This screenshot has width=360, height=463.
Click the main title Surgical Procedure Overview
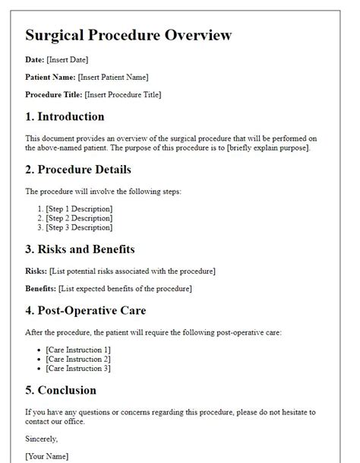coord(128,35)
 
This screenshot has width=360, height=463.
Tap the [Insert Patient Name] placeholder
coord(113,77)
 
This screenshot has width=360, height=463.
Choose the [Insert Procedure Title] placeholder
coord(123,95)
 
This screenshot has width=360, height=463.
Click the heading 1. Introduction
coord(65,117)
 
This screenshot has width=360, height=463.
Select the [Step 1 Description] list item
coord(80,209)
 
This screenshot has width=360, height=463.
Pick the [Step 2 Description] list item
coord(80,218)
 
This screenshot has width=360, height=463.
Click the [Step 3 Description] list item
coord(80,227)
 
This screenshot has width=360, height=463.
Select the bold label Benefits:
coord(41,289)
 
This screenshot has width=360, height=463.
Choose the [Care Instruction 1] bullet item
coord(78,350)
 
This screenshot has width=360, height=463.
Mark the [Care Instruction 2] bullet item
coord(78,359)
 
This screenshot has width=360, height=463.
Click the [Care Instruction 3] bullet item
coord(78,368)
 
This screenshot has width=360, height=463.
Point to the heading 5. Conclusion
coord(61,390)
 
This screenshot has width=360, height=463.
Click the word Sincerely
coord(41,439)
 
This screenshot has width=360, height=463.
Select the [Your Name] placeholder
coord(46,456)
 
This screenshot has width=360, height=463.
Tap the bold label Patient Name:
coord(49,77)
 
